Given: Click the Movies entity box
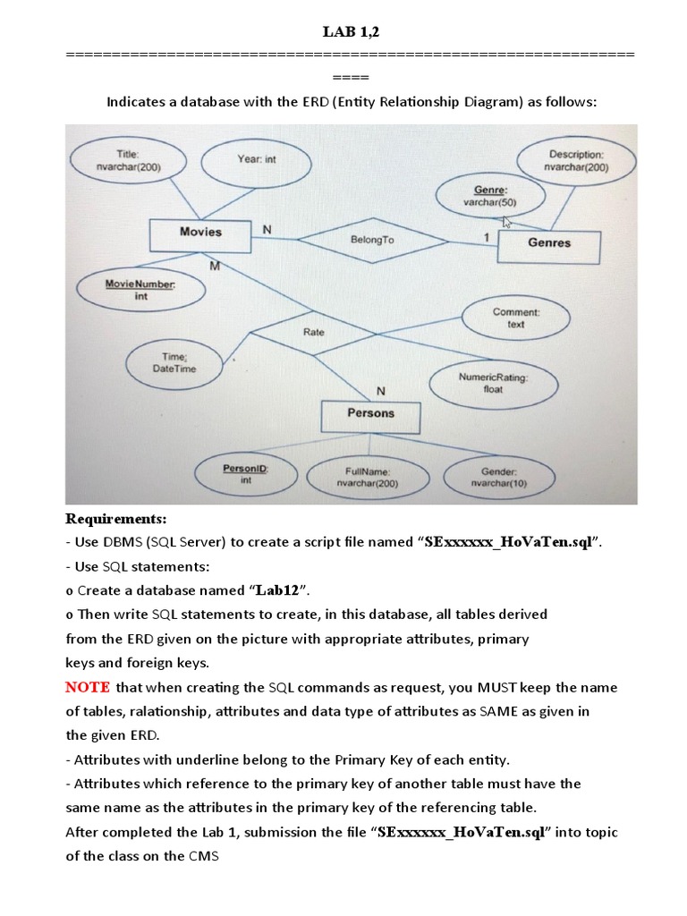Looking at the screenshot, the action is (x=200, y=233).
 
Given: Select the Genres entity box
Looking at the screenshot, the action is (x=548, y=243).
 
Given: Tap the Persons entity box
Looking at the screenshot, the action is (x=370, y=414).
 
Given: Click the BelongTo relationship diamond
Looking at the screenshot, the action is (x=372, y=240).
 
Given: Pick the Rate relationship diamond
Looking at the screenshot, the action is (x=314, y=333).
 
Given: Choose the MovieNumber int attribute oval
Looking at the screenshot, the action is (x=141, y=290).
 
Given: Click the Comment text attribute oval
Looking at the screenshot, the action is (x=515, y=318).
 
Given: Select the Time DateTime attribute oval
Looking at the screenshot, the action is (x=174, y=363).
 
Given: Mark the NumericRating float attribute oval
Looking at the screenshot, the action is (x=493, y=384).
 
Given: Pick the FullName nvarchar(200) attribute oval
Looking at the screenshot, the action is (x=366, y=477).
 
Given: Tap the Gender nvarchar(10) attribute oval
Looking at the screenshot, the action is (x=499, y=477).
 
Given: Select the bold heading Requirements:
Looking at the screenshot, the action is (x=116, y=520).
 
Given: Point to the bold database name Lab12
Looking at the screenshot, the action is (x=278, y=590).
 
